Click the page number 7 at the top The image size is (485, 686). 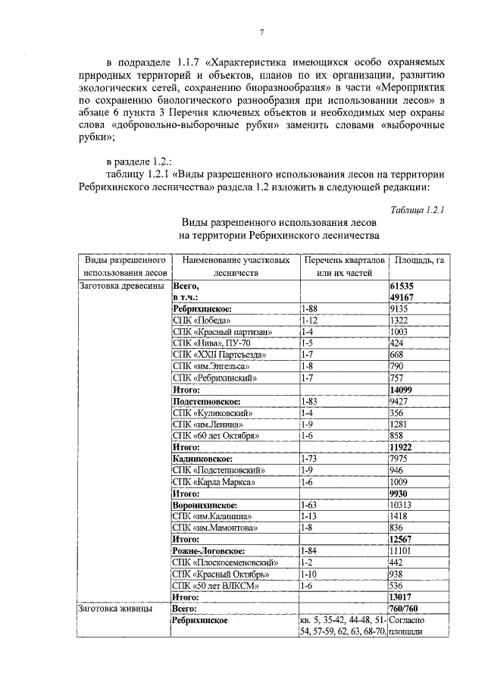point(261,31)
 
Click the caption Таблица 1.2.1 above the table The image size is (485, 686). point(417,209)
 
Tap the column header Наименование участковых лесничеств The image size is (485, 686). point(236,267)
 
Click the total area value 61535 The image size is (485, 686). point(404,287)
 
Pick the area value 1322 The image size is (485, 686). point(399,321)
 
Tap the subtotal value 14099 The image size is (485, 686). point(404,390)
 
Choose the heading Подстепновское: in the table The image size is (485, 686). point(206,401)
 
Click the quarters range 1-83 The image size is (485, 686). point(309,401)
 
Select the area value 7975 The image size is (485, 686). point(399,459)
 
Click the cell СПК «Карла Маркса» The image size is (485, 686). point(213,481)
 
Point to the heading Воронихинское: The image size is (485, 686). point(205,505)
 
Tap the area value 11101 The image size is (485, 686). point(401,550)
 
